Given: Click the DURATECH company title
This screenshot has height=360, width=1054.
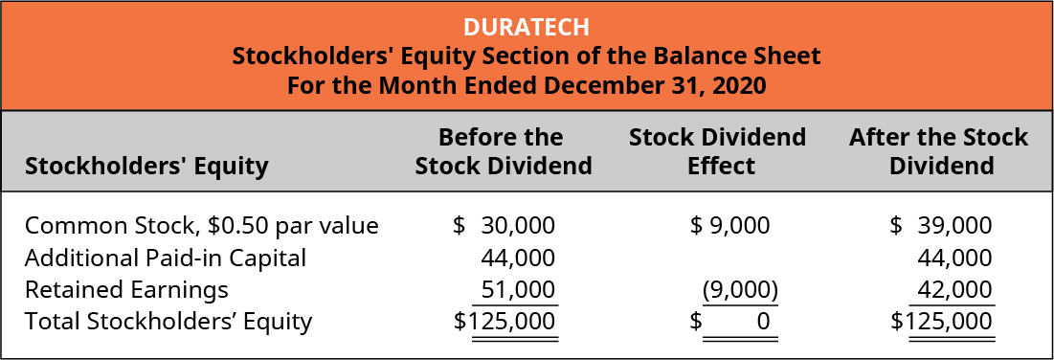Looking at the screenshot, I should tap(527, 26).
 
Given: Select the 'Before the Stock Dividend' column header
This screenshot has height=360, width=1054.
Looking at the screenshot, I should tap(503, 151).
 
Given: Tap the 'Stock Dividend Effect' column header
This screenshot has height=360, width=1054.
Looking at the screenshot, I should tap(717, 151).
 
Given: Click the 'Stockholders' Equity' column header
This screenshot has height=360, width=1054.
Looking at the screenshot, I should tap(146, 167).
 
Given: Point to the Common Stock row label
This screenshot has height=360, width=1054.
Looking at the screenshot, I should tap(202, 226).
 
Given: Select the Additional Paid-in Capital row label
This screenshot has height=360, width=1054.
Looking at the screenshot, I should tap(166, 258).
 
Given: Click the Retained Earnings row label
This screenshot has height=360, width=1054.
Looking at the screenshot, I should tap(126, 289).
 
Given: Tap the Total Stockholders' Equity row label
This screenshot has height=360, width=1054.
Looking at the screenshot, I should tap(168, 321).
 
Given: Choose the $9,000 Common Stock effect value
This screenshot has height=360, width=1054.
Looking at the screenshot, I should tap(730, 226).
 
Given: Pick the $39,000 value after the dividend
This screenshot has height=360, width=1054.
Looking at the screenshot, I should tap(941, 226).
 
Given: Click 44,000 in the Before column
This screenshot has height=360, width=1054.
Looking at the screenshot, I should tap(517, 258).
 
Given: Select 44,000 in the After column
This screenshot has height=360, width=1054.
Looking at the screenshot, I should tap(954, 258).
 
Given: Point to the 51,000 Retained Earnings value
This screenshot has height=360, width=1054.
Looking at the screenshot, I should tap(517, 289).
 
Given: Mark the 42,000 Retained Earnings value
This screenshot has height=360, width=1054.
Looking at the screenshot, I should tap(954, 289).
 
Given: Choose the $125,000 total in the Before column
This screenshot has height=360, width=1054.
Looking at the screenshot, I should tap(505, 322).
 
